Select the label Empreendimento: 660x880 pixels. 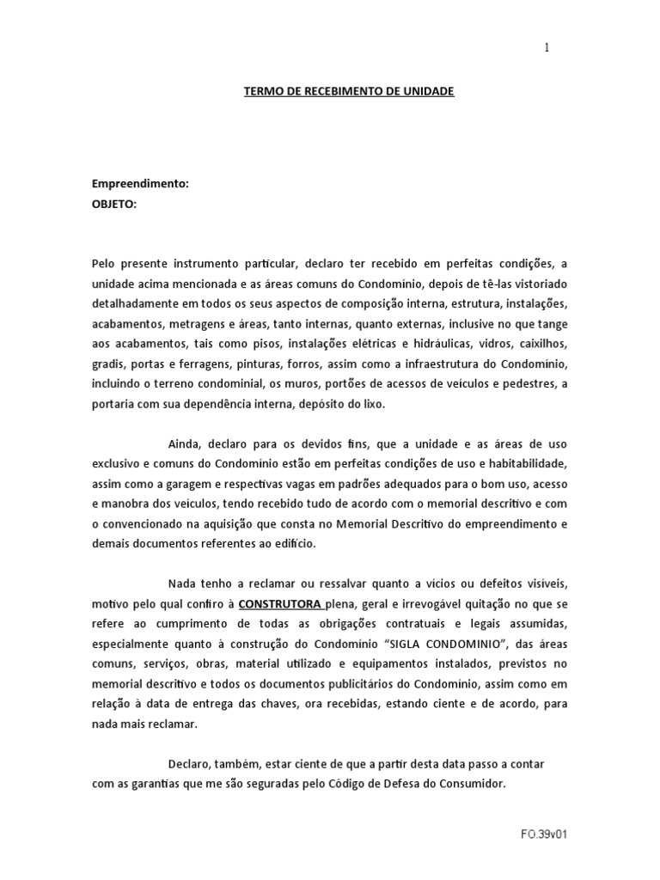(140, 184)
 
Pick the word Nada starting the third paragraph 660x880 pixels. (181, 584)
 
